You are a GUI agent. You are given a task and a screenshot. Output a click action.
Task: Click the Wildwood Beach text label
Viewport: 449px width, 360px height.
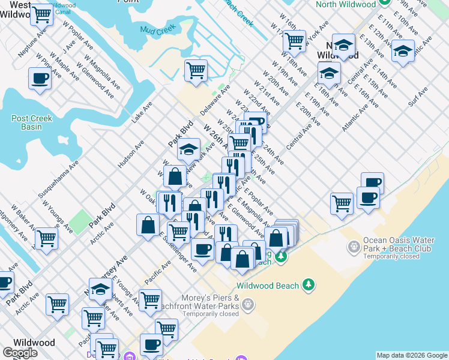pyautogui.click(x=267, y=286)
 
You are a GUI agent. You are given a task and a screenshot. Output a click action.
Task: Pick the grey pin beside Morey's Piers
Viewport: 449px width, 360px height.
pyautogui.click(x=248, y=305)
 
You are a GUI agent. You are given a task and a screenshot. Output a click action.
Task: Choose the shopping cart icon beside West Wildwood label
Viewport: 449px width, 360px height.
pyautogui.click(x=41, y=15)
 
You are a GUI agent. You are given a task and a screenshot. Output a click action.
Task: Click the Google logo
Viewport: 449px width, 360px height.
pyautogui.click(x=20, y=353)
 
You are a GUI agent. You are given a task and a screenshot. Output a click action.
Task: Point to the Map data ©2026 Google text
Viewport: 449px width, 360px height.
pyautogui.click(x=412, y=355)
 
